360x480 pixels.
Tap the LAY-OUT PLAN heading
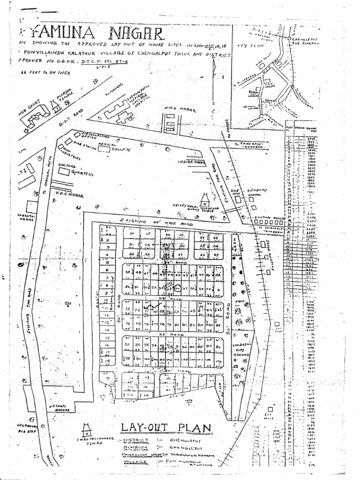(x=165, y=427)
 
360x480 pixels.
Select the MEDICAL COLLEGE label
(x=114, y=147)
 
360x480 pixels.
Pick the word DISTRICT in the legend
(x=136, y=441)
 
